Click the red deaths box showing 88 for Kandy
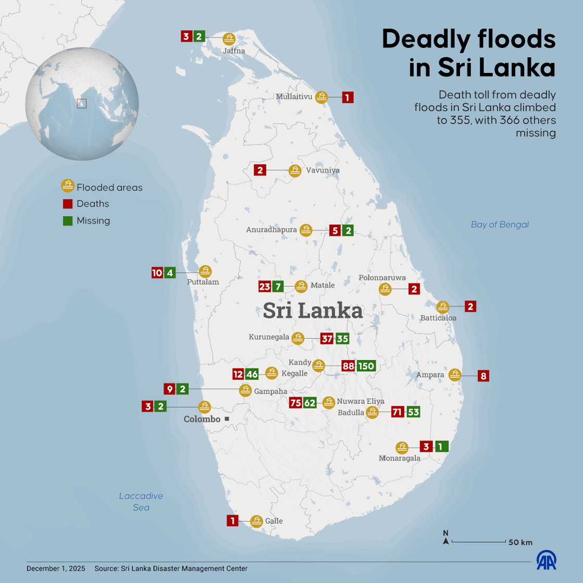pos(348,366)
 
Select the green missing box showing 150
pos(366,366)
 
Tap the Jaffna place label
pos(234,51)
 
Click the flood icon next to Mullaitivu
pos(322,97)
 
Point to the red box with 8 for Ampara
pos(484,376)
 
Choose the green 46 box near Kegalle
pos(252,374)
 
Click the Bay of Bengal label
pos(500,224)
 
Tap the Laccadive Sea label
pos(141,502)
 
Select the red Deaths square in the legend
pos(68,204)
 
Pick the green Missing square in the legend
pos(68,221)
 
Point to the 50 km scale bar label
pos(520,542)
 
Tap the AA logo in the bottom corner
pos(547,560)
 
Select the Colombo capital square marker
pos(226,419)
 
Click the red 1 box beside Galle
pos(233,521)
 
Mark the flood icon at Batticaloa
pos(442,307)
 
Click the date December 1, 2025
pos(56,568)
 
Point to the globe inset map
pos(82,104)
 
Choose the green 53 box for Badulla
pos(413,412)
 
